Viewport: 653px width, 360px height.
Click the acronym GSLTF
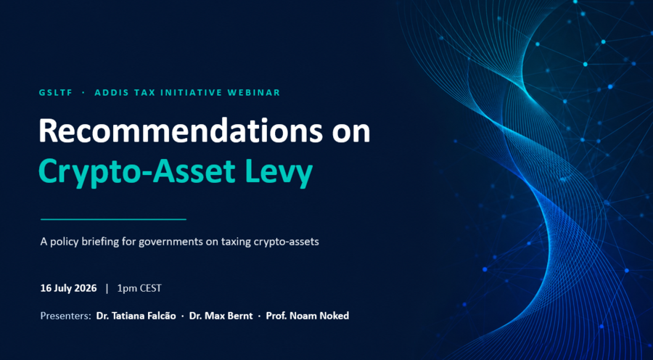(56, 93)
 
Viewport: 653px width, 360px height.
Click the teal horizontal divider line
(113, 219)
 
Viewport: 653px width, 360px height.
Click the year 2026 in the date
(86, 288)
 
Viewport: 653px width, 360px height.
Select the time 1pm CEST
(139, 288)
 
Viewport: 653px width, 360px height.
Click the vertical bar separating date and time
(107, 288)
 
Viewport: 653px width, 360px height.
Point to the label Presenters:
(65, 316)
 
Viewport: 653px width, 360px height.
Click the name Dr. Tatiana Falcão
(136, 316)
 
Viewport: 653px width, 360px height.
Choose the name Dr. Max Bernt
(221, 316)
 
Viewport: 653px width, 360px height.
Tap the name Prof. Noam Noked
(308, 316)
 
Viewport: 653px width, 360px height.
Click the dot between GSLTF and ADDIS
(83, 93)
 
